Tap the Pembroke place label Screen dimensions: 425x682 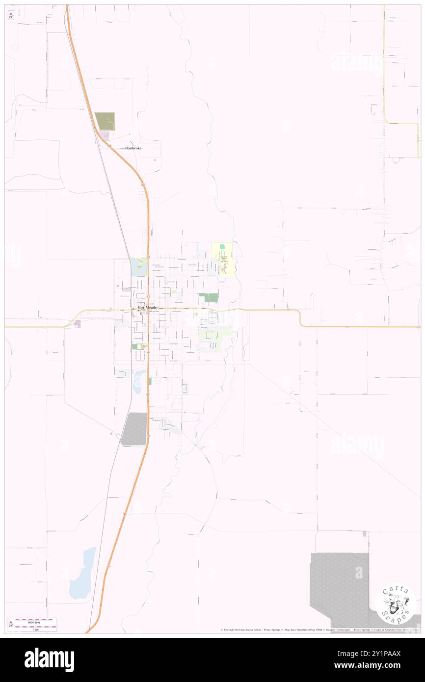(x=133, y=148)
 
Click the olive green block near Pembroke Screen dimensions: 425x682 (x=105, y=121)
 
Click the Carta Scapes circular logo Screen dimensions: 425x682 (x=396, y=604)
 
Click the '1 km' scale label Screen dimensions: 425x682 (x=35, y=629)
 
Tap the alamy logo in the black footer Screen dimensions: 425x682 (x=50, y=659)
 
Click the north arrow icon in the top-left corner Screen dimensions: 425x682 (x=11, y=16)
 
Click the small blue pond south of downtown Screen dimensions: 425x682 (x=139, y=381)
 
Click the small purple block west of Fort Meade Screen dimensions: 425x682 (x=78, y=324)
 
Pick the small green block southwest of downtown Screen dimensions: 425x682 (x=134, y=346)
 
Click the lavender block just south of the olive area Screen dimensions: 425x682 (x=105, y=135)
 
